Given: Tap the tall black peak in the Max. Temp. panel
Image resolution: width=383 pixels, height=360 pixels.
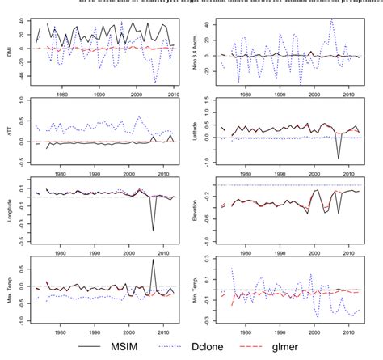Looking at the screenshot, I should tap(154, 260).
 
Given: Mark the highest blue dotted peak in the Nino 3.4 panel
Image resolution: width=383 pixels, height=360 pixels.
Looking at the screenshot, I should tap(330, 19).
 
